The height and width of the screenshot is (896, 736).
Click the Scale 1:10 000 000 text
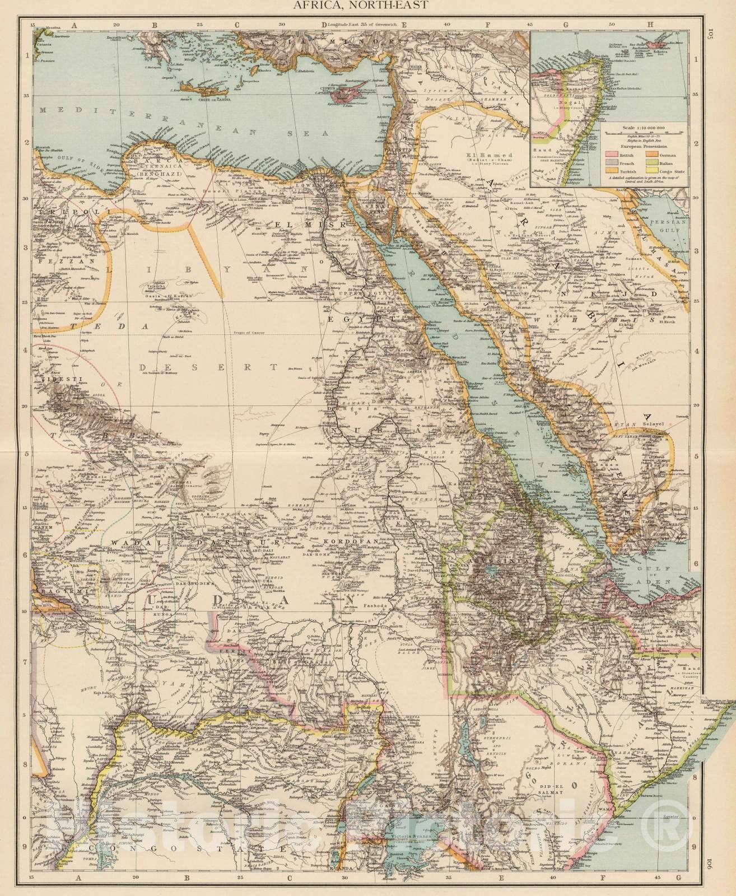tap(644, 128)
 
